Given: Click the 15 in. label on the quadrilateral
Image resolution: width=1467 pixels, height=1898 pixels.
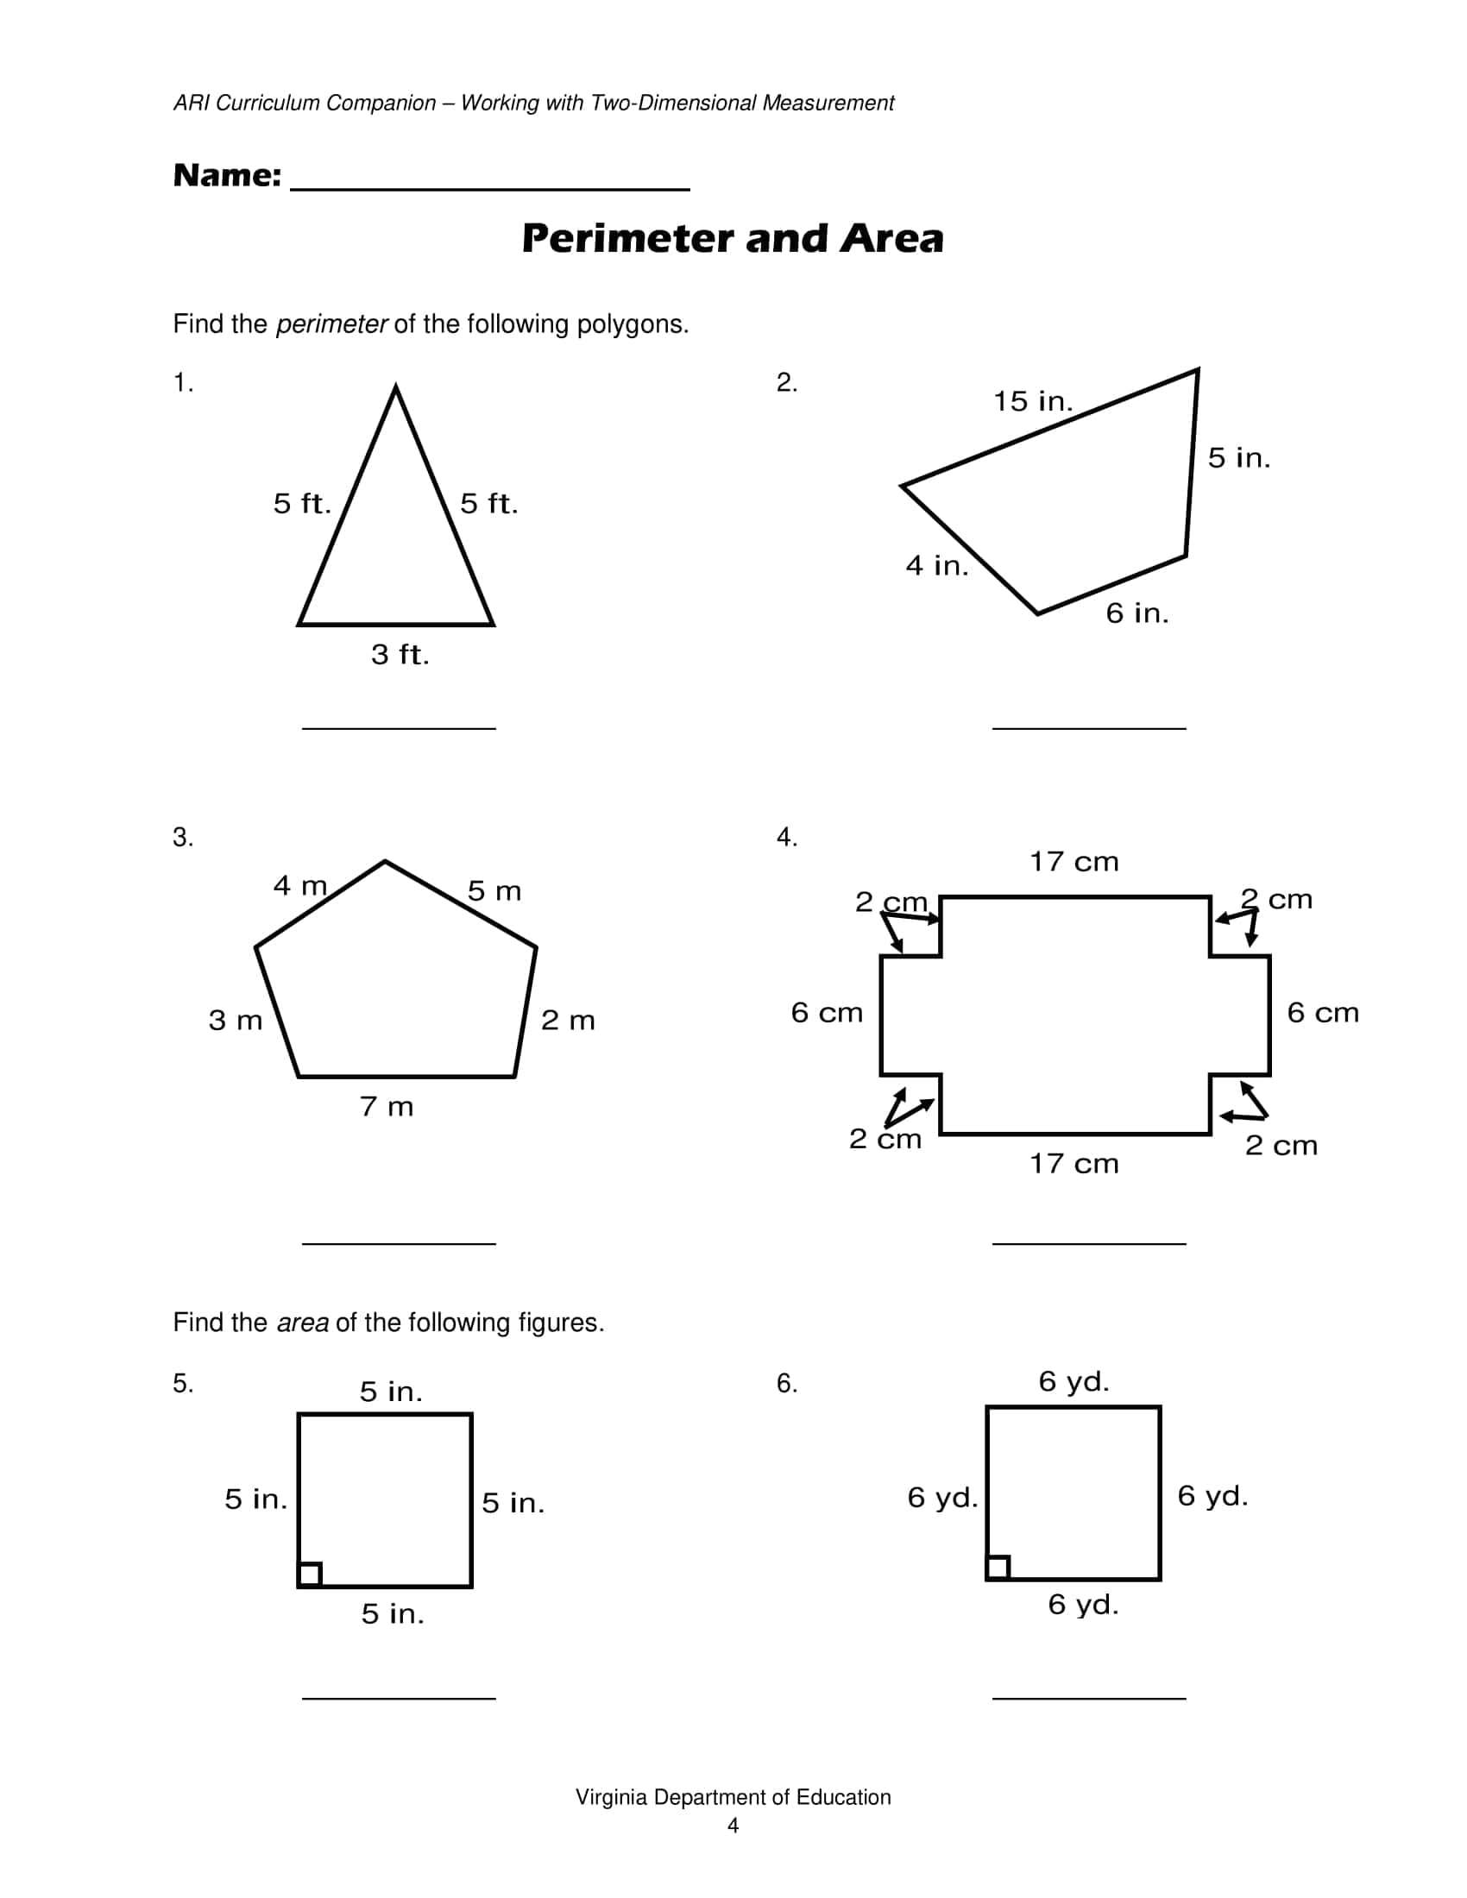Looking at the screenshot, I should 1032,401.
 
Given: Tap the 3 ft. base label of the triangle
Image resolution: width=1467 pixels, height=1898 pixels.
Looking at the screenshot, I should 400,655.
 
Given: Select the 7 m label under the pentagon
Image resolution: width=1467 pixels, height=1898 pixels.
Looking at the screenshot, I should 387,1107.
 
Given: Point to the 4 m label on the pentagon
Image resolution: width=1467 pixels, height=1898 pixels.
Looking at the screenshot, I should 299,885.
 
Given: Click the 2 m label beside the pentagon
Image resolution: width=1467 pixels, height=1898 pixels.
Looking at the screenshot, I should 568,1021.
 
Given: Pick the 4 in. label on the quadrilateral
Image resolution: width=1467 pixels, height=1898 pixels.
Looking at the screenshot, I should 937,566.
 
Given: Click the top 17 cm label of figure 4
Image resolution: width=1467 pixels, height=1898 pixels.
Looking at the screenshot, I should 1074,862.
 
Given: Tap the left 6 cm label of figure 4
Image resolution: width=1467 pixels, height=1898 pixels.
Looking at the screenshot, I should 827,1014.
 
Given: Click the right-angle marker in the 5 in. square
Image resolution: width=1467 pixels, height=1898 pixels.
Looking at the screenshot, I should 311,1574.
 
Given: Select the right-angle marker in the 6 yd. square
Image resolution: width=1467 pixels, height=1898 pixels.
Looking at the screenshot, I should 998,1567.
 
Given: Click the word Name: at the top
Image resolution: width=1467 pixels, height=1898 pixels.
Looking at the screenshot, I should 227,175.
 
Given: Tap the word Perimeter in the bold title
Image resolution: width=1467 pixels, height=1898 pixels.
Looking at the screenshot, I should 627,239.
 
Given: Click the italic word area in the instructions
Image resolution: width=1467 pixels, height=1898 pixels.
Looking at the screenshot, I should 302,1323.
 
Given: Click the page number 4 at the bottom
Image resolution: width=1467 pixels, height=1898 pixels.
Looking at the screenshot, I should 733,1826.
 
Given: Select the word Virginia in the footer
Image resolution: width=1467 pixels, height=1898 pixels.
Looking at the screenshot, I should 611,1797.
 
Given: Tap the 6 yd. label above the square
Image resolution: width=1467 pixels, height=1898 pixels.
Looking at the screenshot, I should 1073,1381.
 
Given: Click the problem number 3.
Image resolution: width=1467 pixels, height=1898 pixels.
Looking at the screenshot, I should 182,837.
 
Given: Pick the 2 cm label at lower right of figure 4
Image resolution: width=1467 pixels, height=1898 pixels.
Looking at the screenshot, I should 1281,1146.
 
